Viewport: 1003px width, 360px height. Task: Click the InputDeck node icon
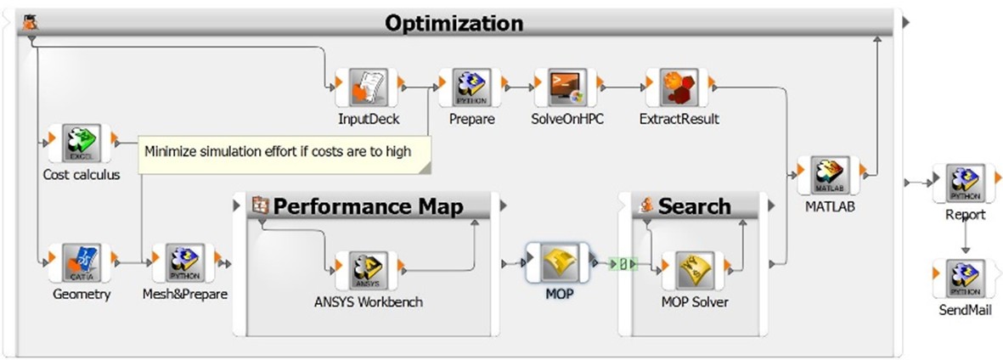(368, 88)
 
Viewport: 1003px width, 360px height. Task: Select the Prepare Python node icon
(471, 88)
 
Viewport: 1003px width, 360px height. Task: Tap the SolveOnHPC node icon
(567, 88)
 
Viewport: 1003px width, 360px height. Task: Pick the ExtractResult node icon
(679, 88)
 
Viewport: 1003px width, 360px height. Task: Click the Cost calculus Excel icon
(81, 143)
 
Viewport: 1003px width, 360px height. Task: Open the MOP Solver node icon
(694, 270)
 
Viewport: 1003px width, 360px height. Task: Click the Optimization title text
(454, 23)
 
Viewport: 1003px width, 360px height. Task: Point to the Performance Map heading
(368, 206)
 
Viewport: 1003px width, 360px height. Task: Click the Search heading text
(694, 206)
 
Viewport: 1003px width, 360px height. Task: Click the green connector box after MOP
(624, 264)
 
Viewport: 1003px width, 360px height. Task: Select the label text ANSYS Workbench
(368, 301)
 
